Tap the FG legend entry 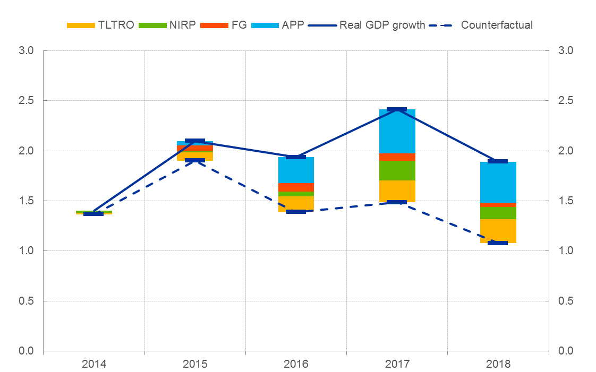coord(229,25)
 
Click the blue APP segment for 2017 coord(397,131)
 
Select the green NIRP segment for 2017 coord(397,170)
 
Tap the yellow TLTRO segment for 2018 coord(498,231)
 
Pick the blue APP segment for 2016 coord(296,170)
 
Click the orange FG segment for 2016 coord(296,187)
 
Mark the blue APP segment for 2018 coord(498,182)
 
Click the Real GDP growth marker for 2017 coord(397,109)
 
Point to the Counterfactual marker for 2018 coord(498,243)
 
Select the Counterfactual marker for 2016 coord(296,212)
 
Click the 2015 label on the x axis coord(195,364)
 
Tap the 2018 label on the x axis coord(498,364)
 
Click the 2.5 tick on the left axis coord(26,101)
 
